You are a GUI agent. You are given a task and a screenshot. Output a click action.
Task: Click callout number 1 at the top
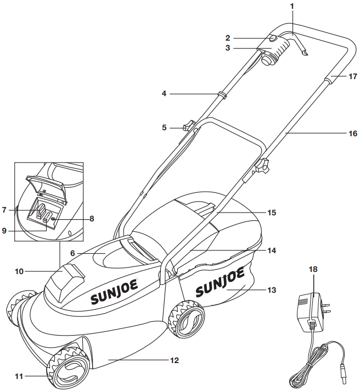pyautogui.click(x=292, y=6)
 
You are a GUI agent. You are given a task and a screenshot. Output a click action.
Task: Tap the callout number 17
pyautogui.click(x=353, y=77)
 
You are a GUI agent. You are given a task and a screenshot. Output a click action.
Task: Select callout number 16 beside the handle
pyautogui.click(x=353, y=133)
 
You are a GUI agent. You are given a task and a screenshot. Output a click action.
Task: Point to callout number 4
pyautogui.click(x=164, y=94)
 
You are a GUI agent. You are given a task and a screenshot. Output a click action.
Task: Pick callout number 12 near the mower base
pyautogui.click(x=175, y=361)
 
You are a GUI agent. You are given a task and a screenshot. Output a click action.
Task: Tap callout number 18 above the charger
pyautogui.click(x=313, y=270)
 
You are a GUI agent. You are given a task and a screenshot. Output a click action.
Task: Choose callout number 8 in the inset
pyautogui.click(x=92, y=219)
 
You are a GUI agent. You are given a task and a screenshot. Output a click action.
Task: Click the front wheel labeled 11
pyautogui.click(x=70, y=367)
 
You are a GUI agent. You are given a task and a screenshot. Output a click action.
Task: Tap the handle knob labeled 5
pyautogui.click(x=189, y=126)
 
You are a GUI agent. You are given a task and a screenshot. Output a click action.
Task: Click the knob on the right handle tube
pyautogui.click(x=262, y=165)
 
